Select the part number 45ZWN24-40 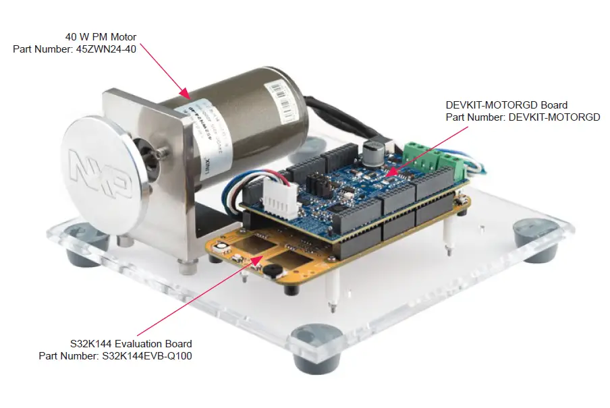pyautogui.click(x=74, y=49)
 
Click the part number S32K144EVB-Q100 pyautogui.click(x=115, y=355)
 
